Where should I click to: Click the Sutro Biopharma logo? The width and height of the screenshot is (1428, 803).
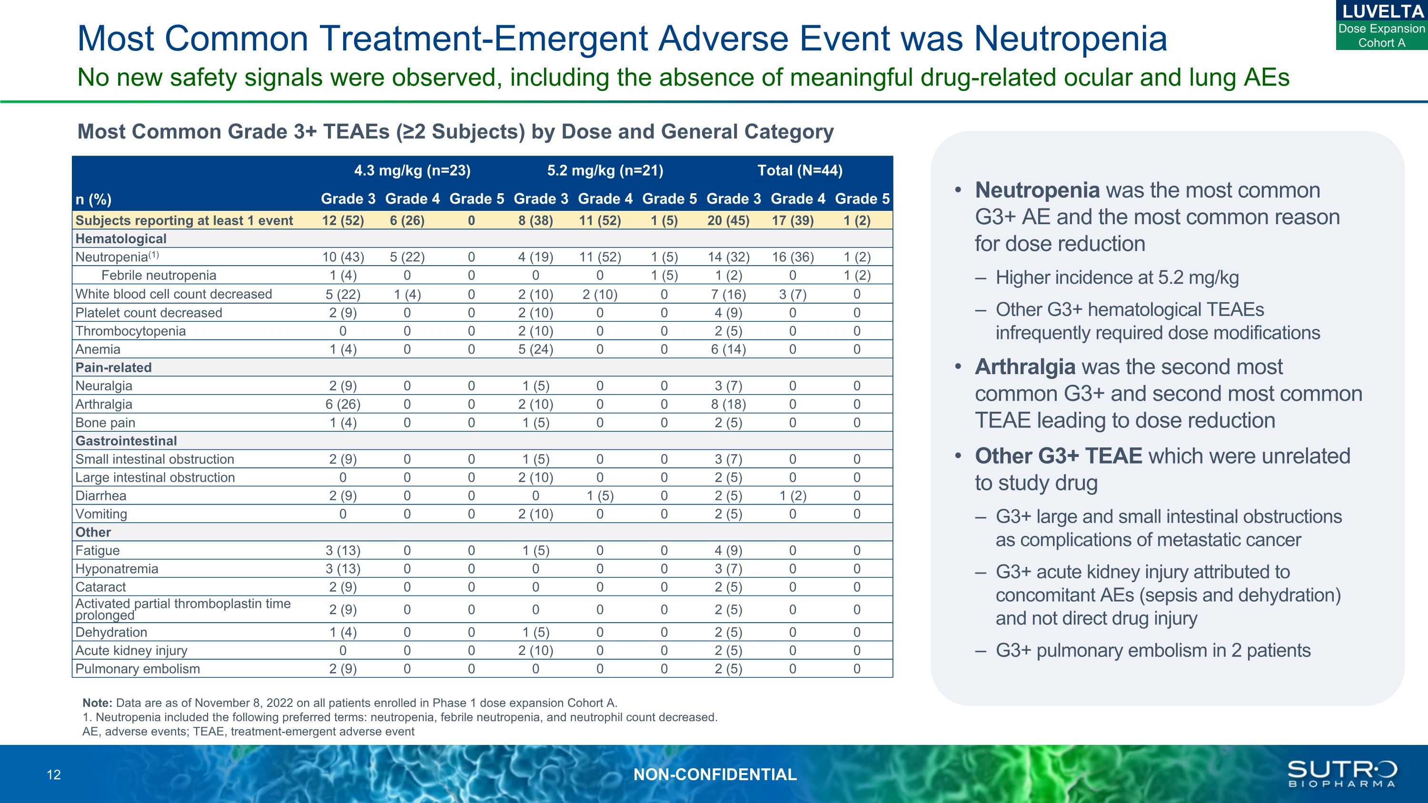(x=1341, y=773)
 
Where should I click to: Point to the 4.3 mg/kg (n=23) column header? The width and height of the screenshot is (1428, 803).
(x=412, y=171)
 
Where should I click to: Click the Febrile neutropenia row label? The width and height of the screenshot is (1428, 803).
(x=159, y=276)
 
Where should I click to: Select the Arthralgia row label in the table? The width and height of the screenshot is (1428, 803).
(x=104, y=405)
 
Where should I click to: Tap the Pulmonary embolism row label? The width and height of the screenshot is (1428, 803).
(x=138, y=669)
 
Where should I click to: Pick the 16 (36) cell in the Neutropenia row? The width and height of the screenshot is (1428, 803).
(x=793, y=257)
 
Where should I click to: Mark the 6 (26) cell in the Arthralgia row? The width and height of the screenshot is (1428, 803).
(x=343, y=405)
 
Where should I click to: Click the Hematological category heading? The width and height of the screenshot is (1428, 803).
(x=121, y=239)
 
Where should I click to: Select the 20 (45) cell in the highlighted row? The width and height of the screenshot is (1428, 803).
(x=728, y=220)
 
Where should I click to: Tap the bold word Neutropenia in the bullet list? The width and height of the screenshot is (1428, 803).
(x=1037, y=190)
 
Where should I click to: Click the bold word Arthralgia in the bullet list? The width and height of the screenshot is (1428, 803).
(x=1025, y=367)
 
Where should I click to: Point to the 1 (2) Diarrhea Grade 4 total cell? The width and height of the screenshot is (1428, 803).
(x=793, y=496)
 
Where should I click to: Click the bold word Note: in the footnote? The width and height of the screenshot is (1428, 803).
(x=97, y=703)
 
